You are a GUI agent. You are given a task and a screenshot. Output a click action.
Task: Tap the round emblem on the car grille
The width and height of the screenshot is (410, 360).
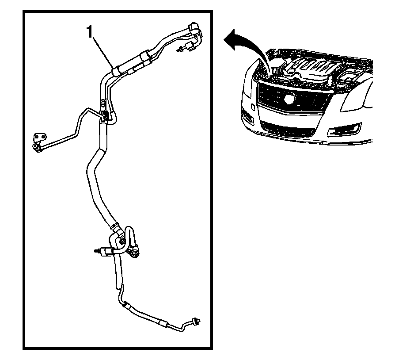[x=289, y=100]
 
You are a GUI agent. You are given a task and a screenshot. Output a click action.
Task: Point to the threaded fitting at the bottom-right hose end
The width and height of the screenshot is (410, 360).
[x=195, y=320]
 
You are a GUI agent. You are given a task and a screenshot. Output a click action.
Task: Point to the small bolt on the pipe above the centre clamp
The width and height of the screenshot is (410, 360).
[x=102, y=103]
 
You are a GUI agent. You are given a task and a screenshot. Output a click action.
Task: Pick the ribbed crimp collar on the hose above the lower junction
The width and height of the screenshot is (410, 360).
[x=115, y=228]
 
